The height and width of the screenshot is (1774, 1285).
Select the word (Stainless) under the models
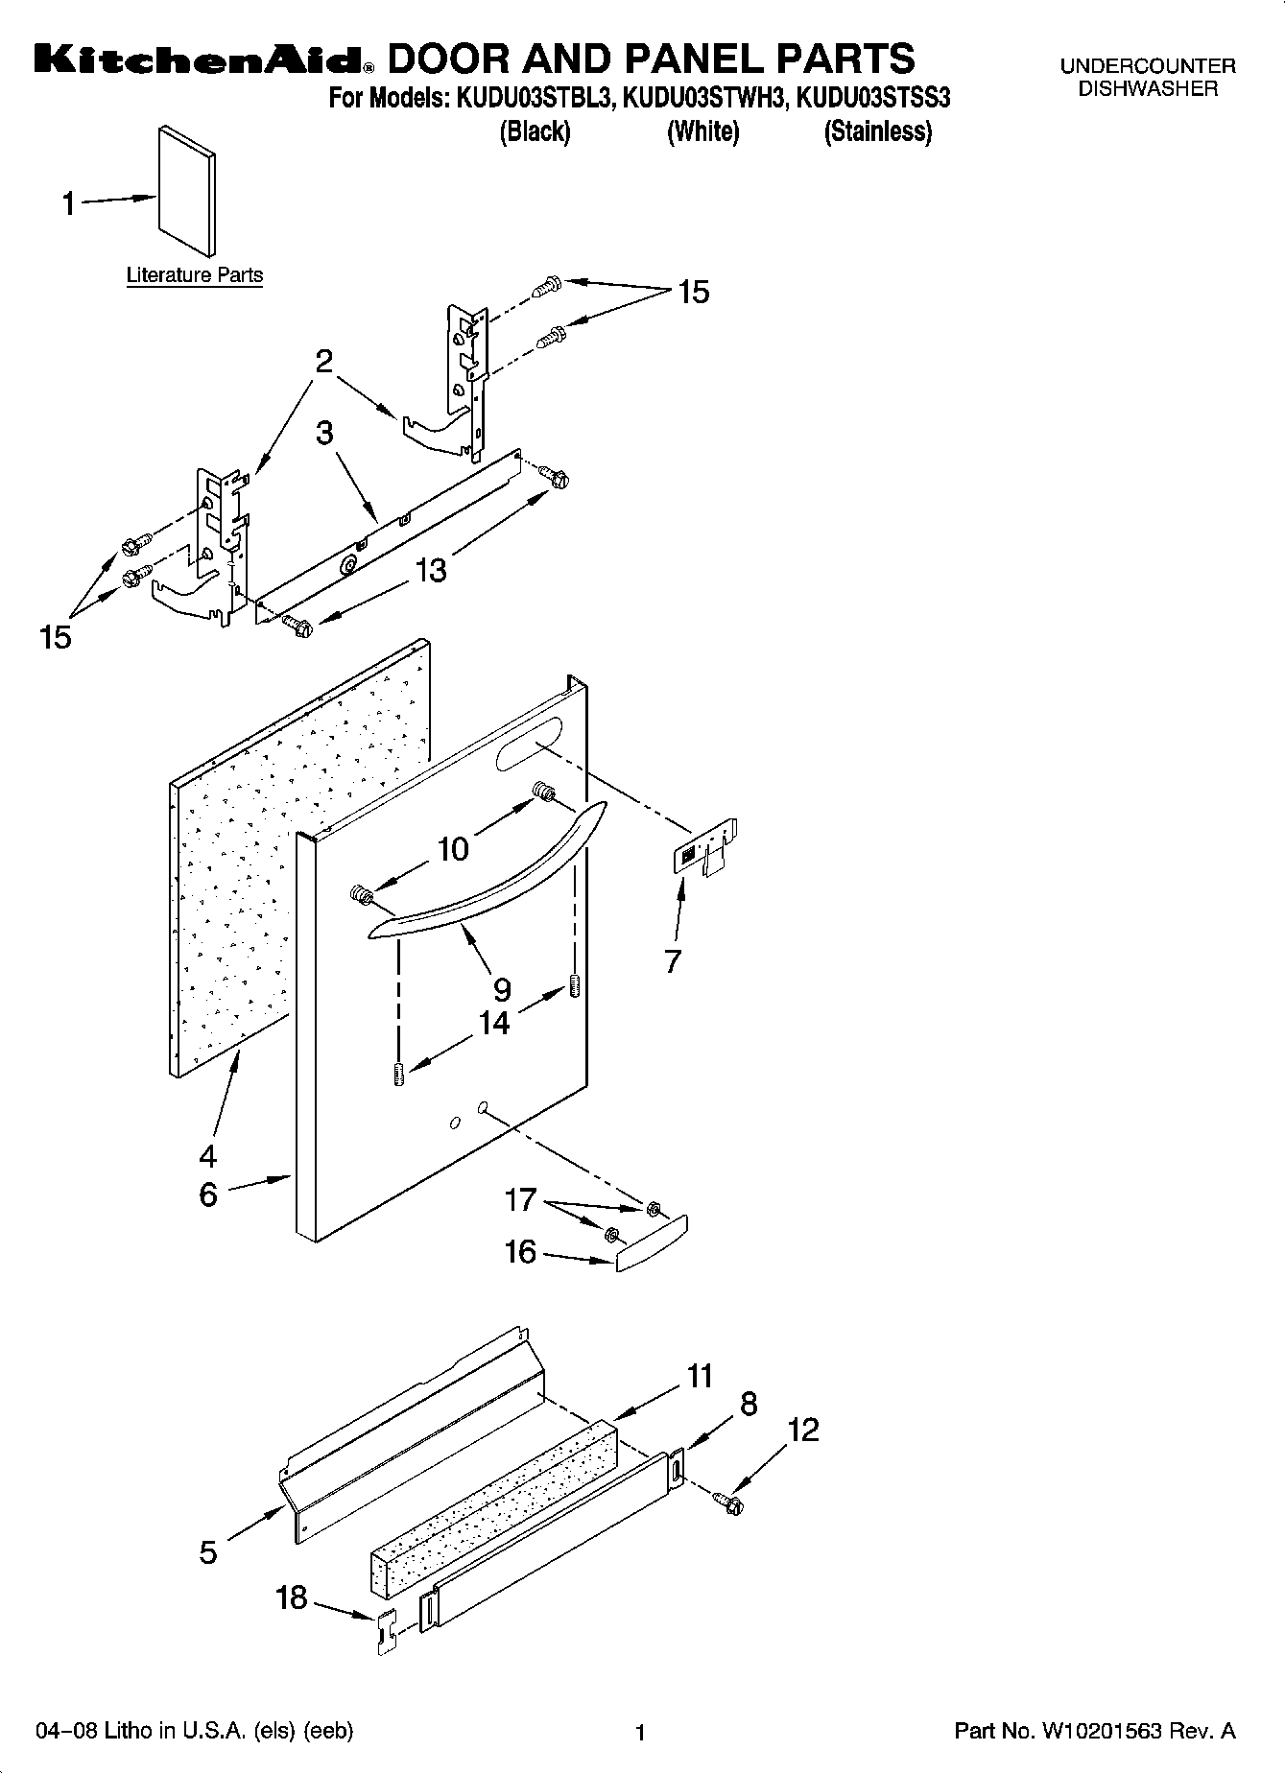point(877,131)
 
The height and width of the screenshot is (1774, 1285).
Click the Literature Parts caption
point(195,275)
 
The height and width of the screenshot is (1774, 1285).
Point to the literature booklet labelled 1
point(186,191)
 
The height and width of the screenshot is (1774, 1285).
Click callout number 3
point(325,434)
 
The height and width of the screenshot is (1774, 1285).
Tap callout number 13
point(431,570)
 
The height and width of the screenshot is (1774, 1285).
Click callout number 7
point(672,960)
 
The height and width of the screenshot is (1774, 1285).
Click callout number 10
point(453,848)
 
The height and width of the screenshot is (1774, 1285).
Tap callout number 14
point(494,1023)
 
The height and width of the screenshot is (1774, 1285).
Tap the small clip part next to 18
point(386,1632)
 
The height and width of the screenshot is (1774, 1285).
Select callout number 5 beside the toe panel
point(208,1551)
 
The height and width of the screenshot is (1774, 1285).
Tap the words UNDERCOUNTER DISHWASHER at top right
point(1147,78)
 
